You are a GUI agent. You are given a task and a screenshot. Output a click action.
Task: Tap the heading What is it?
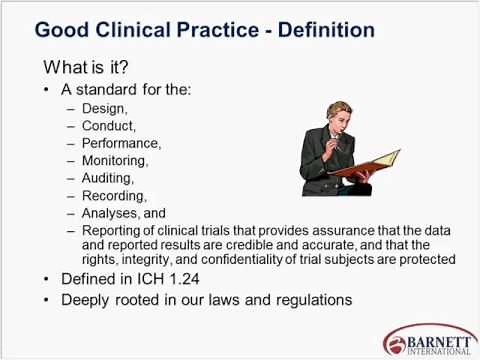point(92,68)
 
